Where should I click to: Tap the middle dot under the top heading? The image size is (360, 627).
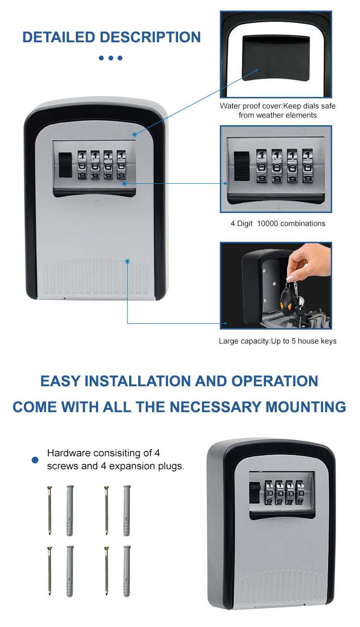pyautogui.click(x=110, y=58)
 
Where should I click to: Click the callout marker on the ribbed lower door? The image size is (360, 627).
pyautogui.click(x=127, y=261)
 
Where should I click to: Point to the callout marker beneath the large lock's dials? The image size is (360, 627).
pyautogui.click(x=124, y=184)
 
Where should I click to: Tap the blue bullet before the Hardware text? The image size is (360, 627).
pyautogui.click(x=35, y=460)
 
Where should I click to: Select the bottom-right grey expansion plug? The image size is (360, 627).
pyautogui.click(x=127, y=571)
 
